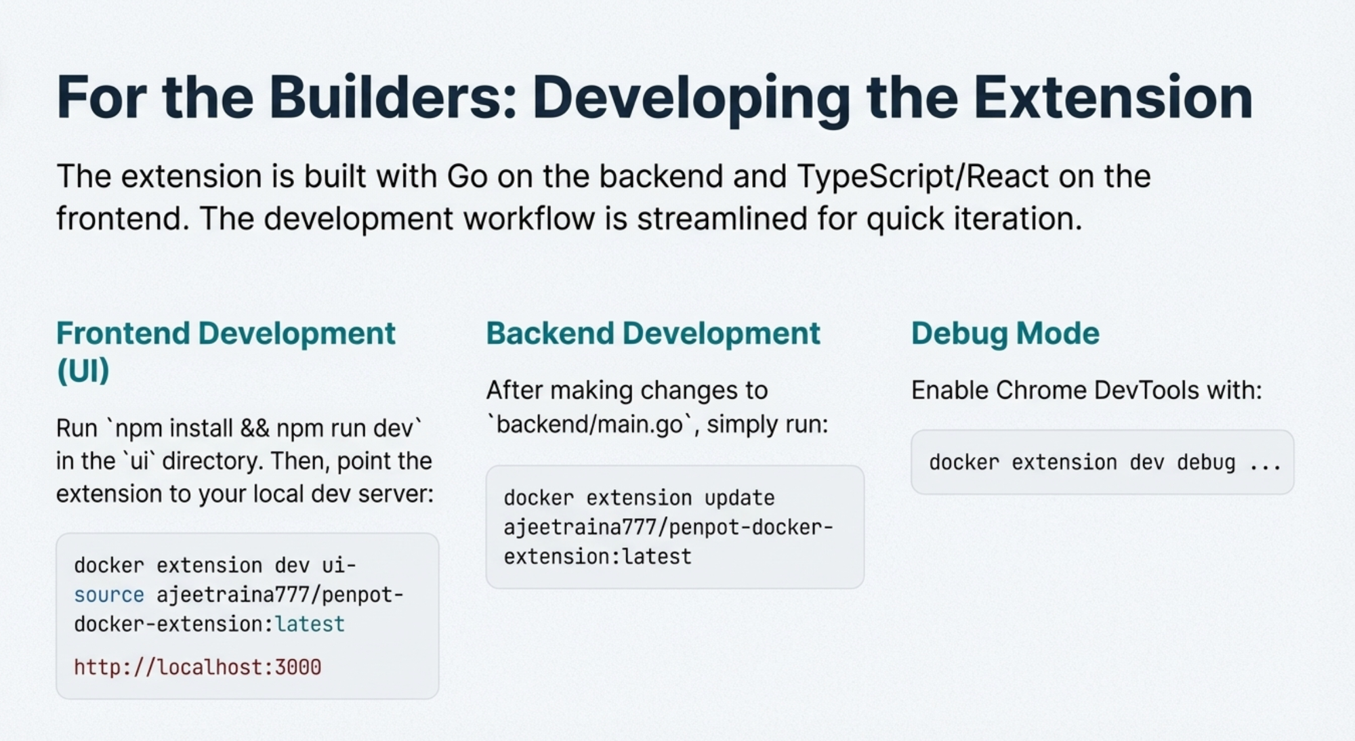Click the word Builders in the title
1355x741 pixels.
pos(393,98)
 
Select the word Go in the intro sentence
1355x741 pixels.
pos(467,177)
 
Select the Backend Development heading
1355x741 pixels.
pos(652,333)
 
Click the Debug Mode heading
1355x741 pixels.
pos(1005,333)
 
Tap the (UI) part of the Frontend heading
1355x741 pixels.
pos(83,370)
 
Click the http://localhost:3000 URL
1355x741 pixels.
pos(197,667)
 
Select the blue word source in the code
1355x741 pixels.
pos(109,595)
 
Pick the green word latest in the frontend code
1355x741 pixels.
pos(310,624)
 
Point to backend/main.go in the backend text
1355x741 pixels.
pos(590,425)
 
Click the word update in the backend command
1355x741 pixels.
pos(739,498)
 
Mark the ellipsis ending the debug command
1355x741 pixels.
pos(1265,463)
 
